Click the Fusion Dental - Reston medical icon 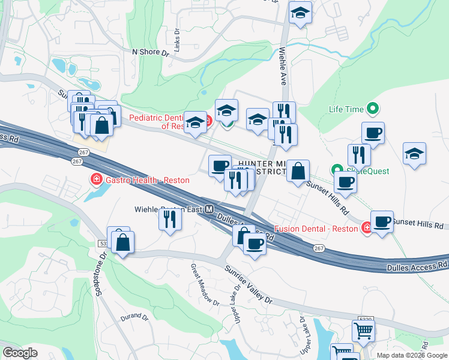coord(367,228)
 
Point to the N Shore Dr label coord(150,52)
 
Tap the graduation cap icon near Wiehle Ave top coord(300,13)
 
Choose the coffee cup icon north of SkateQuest coord(373,133)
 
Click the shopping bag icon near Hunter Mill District coord(298,171)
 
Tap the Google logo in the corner coord(20,353)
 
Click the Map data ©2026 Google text coord(411,355)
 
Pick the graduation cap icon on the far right coord(414,154)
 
